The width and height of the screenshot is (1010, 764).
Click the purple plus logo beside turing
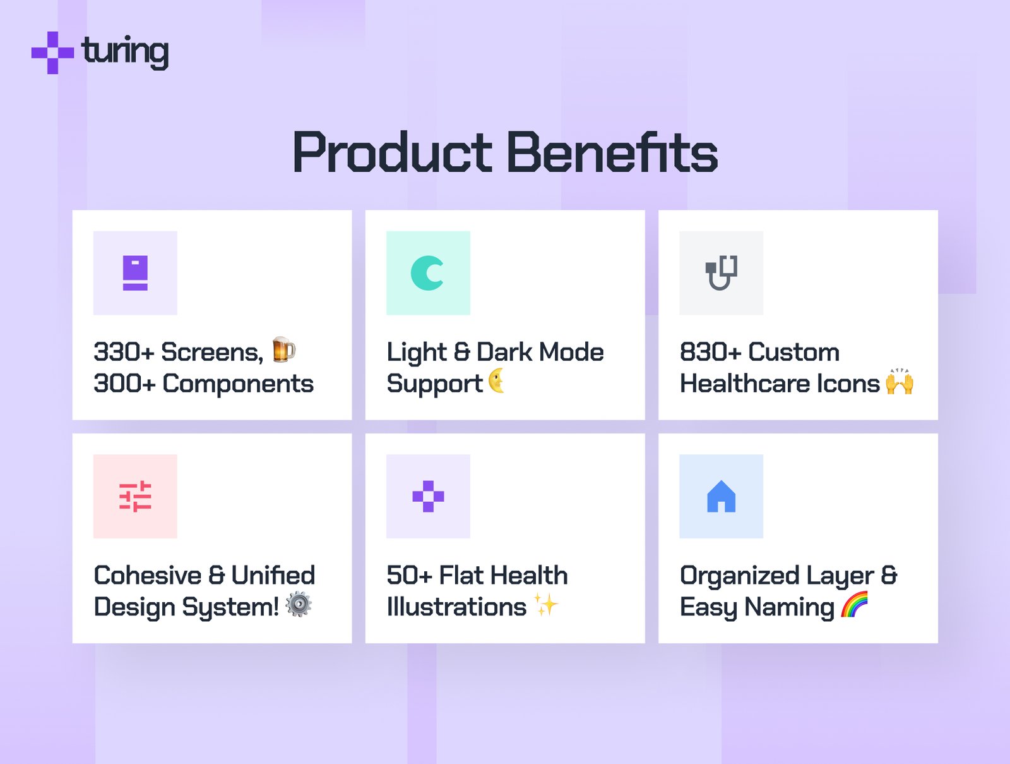tap(52, 52)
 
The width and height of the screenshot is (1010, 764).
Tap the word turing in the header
tap(125, 52)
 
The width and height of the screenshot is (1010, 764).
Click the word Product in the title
tap(393, 152)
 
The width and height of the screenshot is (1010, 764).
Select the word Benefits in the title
tap(612, 152)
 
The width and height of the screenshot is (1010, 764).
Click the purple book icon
tap(135, 273)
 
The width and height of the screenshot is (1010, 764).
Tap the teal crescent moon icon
tap(427, 273)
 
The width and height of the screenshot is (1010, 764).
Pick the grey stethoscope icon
tap(721, 272)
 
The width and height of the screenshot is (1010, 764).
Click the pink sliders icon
tap(135, 497)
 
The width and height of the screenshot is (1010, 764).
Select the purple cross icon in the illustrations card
tap(429, 497)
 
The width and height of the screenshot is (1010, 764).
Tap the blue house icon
tap(721, 497)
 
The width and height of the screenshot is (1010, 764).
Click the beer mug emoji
tap(283, 350)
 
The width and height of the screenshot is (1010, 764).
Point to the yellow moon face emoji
tap(497, 380)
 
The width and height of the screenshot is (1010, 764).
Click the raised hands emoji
tap(900, 382)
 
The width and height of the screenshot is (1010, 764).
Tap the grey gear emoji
tap(299, 604)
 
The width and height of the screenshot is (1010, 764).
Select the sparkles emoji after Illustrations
tap(546, 605)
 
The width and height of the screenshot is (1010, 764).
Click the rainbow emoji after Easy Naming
tap(855, 604)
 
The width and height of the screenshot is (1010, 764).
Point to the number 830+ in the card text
tap(710, 352)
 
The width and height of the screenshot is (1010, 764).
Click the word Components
tap(238, 384)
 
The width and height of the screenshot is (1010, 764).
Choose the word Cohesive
tap(147, 576)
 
